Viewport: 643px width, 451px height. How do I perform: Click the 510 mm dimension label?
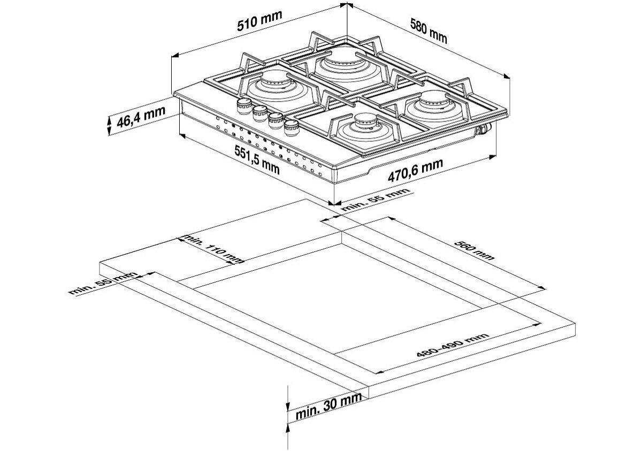pyautogui.click(x=259, y=20)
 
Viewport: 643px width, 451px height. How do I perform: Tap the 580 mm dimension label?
pyautogui.click(x=428, y=30)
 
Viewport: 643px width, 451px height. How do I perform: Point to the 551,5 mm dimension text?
pyautogui.click(x=257, y=159)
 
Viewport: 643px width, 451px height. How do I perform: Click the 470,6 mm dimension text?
pyautogui.click(x=415, y=170)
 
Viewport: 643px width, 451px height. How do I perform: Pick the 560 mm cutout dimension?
pyautogui.click(x=474, y=250)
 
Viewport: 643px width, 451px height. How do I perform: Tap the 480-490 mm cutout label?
pyautogui.click(x=452, y=348)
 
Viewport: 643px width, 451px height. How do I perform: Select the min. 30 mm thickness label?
pyautogui.click(x=328, y=405)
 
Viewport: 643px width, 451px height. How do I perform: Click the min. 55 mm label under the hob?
pyautogui.click(x=376, y=199)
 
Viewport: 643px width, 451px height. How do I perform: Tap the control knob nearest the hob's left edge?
pyautogui.click(x=244, y=106)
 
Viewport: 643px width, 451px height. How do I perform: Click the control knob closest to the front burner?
pyautogui.click(x=292, y=128)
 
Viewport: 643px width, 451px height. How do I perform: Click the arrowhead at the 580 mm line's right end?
pyautogui.click(x=507, y=75)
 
